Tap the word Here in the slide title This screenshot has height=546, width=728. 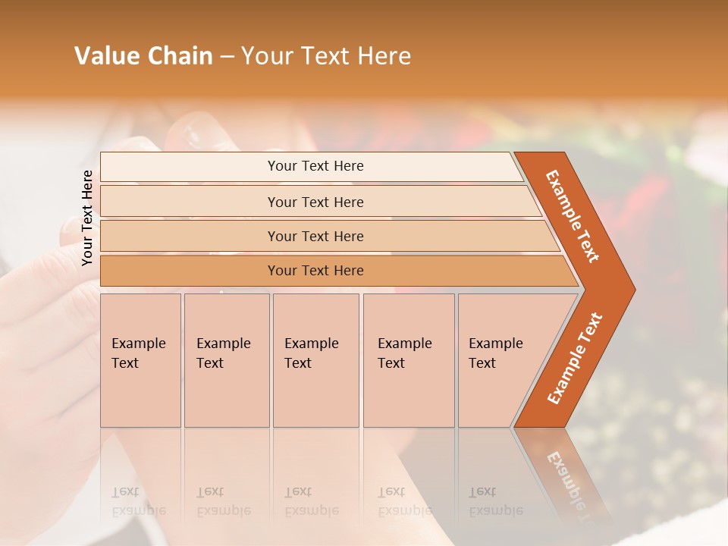tap(384, 56)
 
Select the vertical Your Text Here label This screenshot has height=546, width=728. tap(87, 218)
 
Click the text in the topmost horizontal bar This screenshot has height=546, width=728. tap(315, 166)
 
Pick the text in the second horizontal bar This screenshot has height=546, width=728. tap(315, 202)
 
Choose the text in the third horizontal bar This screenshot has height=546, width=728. tap(315, 236)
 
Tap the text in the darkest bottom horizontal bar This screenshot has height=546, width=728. tap(315, 271)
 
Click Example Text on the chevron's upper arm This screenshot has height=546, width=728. tap(573, 216)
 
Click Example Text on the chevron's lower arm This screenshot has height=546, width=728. tap(574, 358)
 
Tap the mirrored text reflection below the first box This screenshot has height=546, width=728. tap(140, 501)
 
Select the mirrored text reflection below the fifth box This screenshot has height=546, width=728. tap(496, 501)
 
